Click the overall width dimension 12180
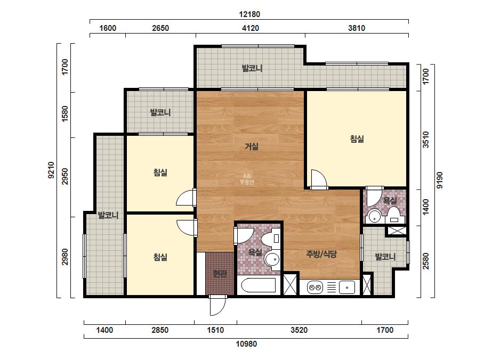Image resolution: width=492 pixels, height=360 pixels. point(249,14)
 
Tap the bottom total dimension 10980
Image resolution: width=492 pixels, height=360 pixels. point(246,344)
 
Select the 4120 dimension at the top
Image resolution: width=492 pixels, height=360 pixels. point(251,28)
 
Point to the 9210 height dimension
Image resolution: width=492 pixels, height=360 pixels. point(51,170)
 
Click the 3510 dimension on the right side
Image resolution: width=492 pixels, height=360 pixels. point(425,140)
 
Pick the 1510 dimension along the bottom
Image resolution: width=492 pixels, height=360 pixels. point(215,330)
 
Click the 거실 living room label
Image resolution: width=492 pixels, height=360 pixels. point(252,146)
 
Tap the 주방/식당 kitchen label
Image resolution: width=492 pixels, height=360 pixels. point(321,254)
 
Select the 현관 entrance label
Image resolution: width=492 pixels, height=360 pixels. point(220,274)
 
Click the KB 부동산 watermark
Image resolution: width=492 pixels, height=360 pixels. point(247,179)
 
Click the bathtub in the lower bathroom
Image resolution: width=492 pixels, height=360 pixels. point(258,285)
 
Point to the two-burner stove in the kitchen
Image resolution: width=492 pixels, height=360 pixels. point(315,287)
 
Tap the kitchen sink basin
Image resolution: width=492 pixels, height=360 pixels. point(347,287)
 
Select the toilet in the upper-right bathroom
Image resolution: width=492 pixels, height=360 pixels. point(394,216)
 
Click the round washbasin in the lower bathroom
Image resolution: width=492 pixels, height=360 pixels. point(272,259)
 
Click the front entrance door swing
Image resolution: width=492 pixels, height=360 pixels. point(218,306)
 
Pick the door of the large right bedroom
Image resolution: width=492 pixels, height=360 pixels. point(319,179)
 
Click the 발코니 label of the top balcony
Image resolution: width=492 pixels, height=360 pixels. point(252,68)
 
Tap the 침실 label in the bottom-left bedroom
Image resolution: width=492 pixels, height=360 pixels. point(160,257)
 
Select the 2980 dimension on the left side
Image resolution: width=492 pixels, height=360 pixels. point(64,257)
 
